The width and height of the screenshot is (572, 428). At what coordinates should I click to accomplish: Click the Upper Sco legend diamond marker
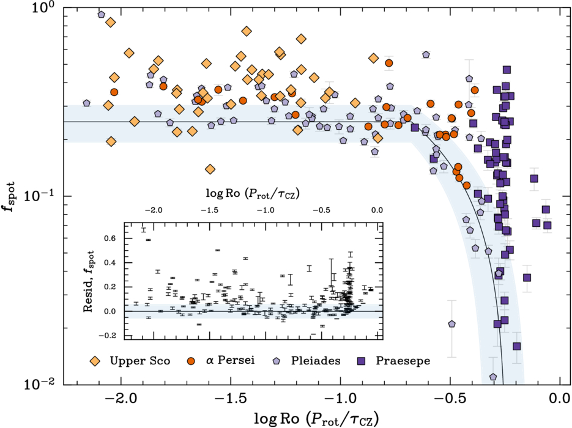point(94,361)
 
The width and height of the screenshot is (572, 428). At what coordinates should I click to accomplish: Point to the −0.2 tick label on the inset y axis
point(108,335)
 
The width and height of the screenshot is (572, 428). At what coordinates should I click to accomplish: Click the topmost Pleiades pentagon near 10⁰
point(102,14)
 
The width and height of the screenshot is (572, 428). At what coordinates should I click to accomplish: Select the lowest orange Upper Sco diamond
point(210,169)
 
